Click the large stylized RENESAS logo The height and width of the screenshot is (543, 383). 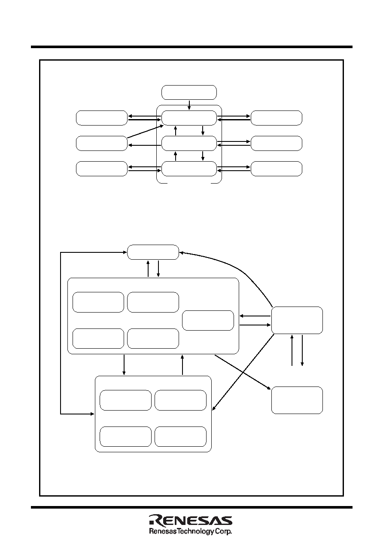point(191,519)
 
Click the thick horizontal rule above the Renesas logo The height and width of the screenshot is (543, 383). point(191,507)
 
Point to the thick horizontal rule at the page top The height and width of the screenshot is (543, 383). point(191,47)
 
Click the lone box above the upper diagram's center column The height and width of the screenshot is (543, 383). point(189,92)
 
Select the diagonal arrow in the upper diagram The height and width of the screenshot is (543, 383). point(145,132)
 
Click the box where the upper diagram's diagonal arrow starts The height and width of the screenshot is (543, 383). point(102,143)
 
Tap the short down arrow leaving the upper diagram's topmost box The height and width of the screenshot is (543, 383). point(189,105)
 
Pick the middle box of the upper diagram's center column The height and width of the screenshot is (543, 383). point(189,143)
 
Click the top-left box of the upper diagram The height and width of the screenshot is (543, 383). point(102,118)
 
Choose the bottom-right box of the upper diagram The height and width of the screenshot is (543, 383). point(276,169)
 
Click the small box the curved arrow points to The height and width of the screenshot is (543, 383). point(153,252)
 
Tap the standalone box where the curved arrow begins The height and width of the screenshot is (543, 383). point(297,320)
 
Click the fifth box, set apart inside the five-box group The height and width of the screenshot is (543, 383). point(208,320)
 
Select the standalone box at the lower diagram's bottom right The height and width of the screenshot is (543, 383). point(297,400)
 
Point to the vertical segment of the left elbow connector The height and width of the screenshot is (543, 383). point(61,333)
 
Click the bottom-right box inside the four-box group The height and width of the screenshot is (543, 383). point(180,436)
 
